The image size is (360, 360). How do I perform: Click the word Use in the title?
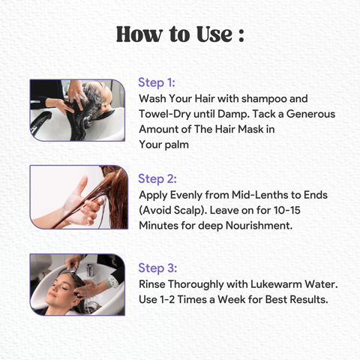point(214,34)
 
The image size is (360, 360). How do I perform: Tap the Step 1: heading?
point(157,82)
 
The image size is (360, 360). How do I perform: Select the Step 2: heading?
point(157,179)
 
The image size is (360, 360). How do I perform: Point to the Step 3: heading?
point(157,268)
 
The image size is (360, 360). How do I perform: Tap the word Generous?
point(310,114)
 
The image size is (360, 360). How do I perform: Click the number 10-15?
point(287,210)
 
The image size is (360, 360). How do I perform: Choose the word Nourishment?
point(259,226)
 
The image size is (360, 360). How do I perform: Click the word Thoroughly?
point(196,285)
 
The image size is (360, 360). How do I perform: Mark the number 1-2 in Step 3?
point(166,299)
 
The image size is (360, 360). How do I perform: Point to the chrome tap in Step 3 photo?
point(90,270)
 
